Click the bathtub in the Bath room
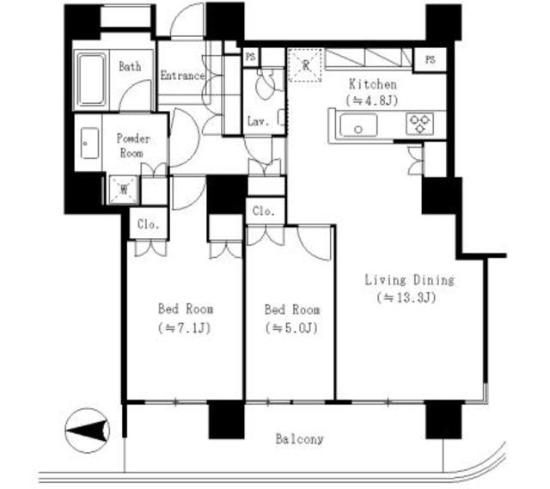[x=92, y=80]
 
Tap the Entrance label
[x=182, y=76]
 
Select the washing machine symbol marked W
[x=124, y=190]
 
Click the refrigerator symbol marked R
[x=305, y=65]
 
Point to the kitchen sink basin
[x=358, y=125]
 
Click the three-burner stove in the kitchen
[x=420, y=125]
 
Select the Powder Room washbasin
[x=89, y=144]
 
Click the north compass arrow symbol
[x=88, y=431]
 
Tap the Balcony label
[x=299, y=439]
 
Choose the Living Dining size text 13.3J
[x=406, y=298]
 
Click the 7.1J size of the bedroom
[x=185, y=328]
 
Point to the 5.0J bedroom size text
[x=292, y=328]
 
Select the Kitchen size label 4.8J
[x=372, y=101]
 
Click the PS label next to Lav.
[x=251, y=57]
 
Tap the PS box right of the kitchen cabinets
[x=430, y=59]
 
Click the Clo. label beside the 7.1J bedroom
[x=149, y=224]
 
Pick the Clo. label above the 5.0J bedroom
[x=264, y=211]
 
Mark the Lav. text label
[x=258, y=121]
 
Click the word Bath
[x=130, y=66]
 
